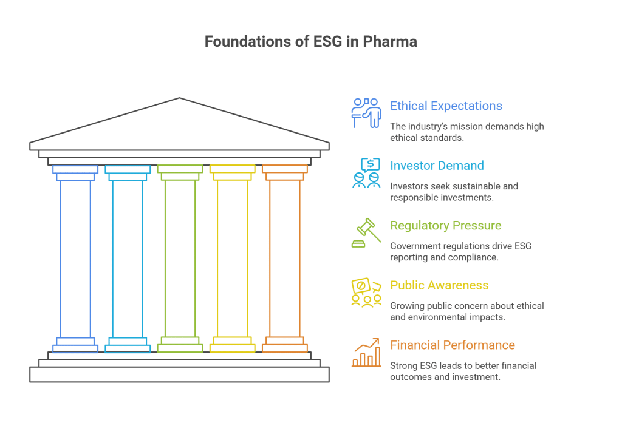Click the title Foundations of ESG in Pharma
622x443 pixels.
tap(310, 42)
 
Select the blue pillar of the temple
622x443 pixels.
tap(75, 259)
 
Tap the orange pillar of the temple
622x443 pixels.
tap(284, 259)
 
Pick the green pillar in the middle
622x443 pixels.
tap(180, 259)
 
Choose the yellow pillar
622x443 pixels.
tap(232, 259)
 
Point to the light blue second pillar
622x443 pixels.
tap(128, 259)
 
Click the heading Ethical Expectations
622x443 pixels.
tap(446, 106)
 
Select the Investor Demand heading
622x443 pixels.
tap(437, 166)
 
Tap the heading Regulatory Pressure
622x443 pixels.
tap(445, 226)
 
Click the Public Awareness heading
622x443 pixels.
tap(439, 285)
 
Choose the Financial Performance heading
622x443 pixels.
tap(452, 345)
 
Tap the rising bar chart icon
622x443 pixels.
tap(366, 353)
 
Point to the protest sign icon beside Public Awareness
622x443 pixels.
tap(366, 293)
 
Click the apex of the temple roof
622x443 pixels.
tap(179, 98)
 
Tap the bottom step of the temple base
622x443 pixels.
tap(179, 374)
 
